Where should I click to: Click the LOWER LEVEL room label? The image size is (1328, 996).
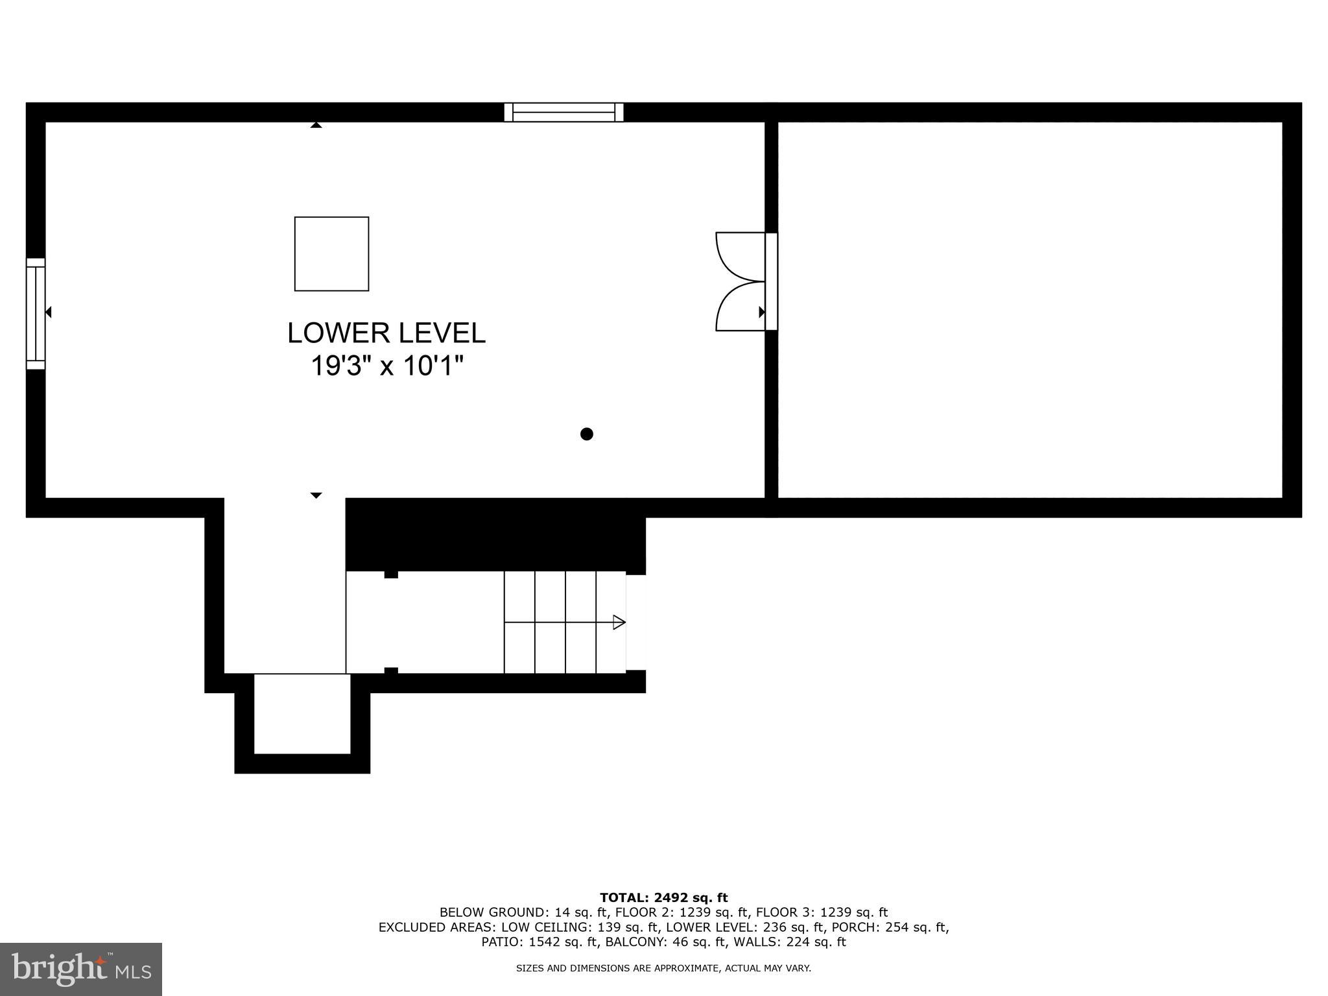point(386,333)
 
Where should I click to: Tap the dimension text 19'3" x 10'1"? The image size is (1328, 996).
point(387,366)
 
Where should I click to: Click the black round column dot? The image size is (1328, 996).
point(587,434)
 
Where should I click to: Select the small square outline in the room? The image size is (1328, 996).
point(332,254)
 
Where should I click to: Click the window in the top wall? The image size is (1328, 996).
point(563,112)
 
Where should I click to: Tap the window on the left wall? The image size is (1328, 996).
point(36,314)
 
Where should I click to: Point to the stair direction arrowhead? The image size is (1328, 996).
point(619,622)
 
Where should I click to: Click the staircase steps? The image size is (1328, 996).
point(564,622)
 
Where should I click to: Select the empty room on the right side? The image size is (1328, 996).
point(1030,310)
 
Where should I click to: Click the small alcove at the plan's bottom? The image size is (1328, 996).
point(302,713)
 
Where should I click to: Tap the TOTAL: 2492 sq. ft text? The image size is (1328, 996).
point(663,897)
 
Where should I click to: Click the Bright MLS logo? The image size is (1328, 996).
point(81,969)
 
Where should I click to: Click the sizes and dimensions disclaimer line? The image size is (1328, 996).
point(663,968)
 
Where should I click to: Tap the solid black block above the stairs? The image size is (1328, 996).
point(495,535)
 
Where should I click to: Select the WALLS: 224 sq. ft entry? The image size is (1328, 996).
point(796,942)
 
